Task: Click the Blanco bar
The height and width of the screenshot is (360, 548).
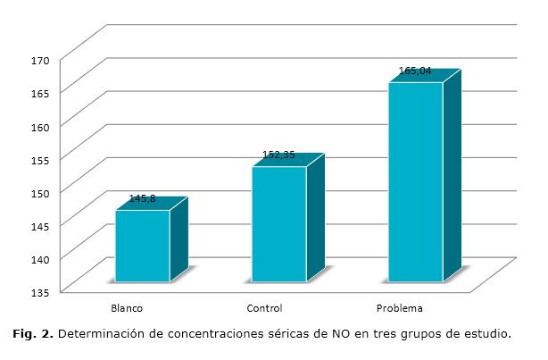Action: [x=143, y=246]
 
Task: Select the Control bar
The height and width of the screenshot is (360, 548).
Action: [x=278, y=224]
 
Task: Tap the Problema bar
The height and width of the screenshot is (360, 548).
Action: [x=415, y=182]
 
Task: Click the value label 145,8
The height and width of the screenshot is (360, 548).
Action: [x=144, y=199]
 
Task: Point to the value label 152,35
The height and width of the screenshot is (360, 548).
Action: [x=278, y=155]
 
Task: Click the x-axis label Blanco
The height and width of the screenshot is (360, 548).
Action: [x=127, y=308]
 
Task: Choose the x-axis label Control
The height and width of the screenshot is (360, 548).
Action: [x=264, y=308]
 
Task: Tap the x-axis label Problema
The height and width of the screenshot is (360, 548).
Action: [x=400, y=308]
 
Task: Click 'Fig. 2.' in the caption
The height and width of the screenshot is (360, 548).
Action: [x=33, y=335]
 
